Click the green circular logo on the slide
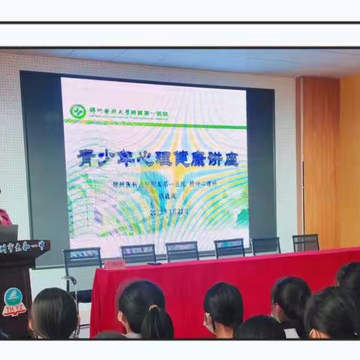coord(78,111)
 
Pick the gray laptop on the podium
coord(8,232)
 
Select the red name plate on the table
coord(115,265)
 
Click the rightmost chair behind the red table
coord(305,242)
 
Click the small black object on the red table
coord(154,262)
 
